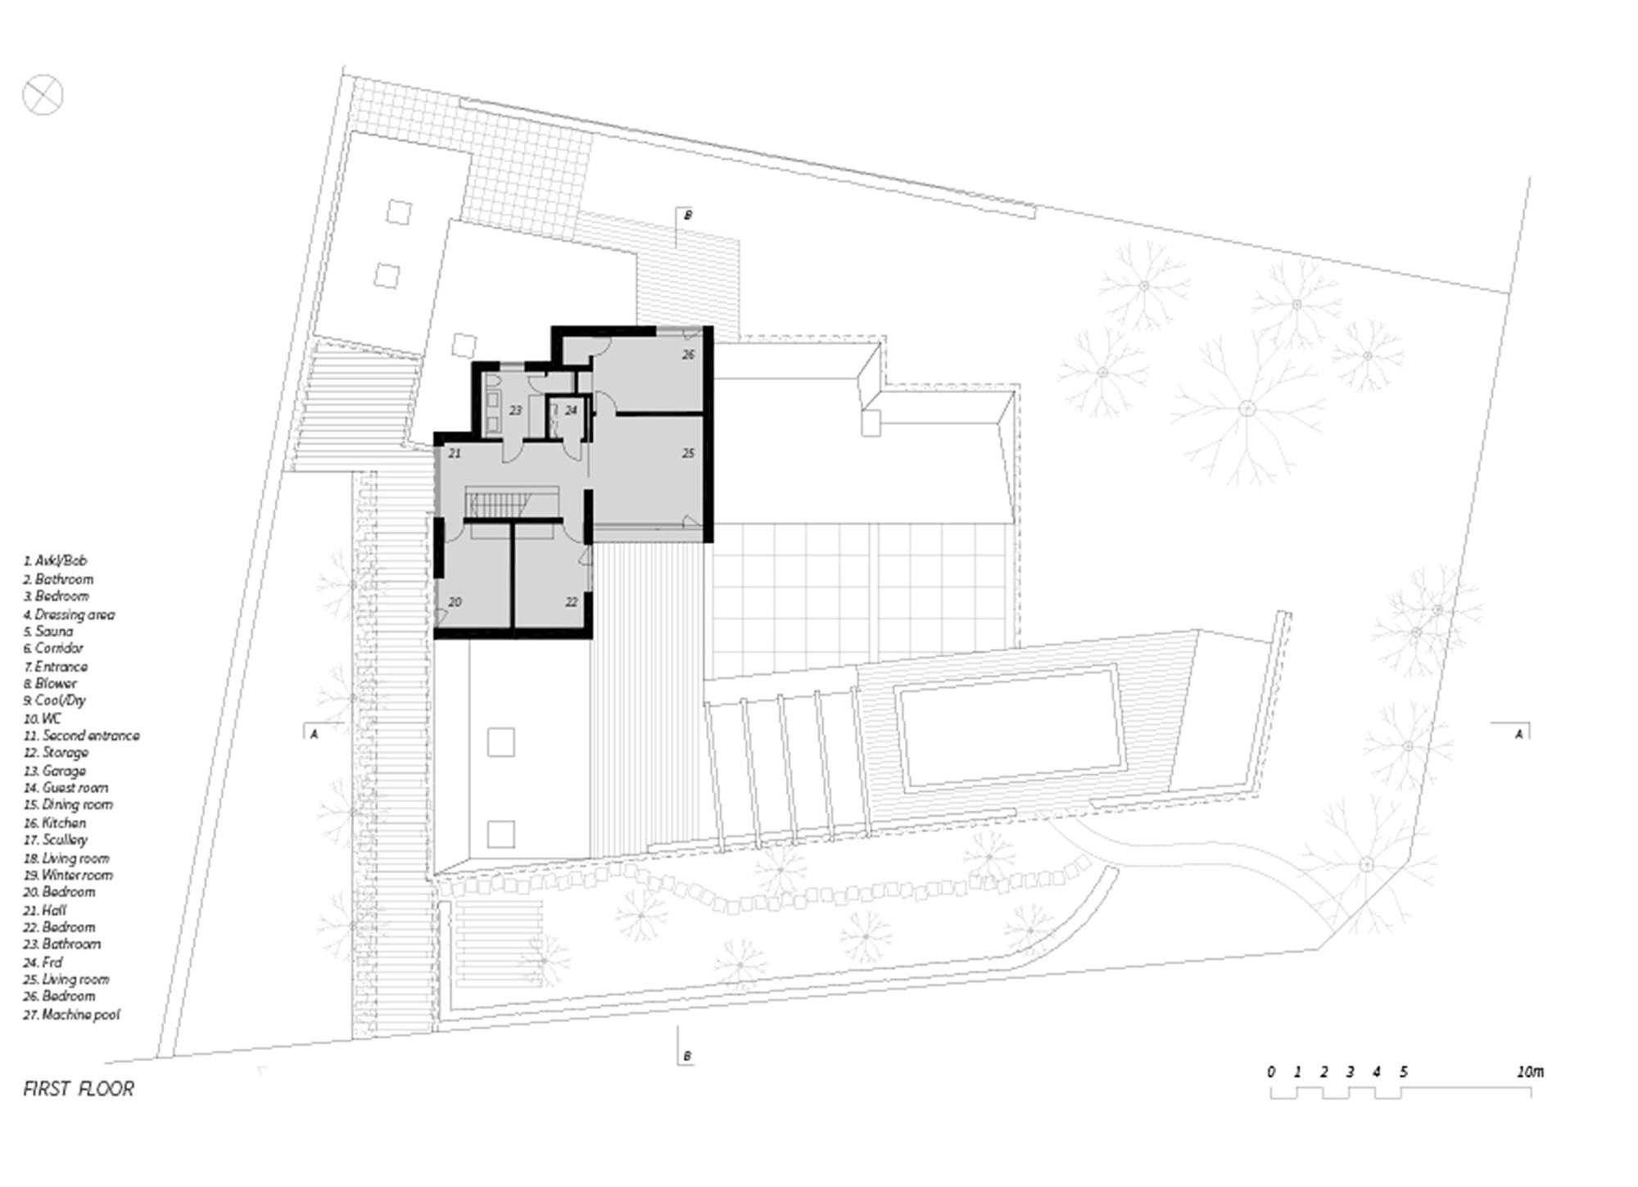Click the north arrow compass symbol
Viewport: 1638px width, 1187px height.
click(43, 94)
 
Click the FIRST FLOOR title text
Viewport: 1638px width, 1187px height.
click(79, 1089)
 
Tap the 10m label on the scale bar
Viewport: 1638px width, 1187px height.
click(1529, 1071)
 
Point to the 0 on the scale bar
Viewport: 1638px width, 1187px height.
click(1270, 1071)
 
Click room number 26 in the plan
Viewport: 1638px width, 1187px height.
click(688, 355)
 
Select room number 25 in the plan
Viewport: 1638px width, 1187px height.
click(688, 453)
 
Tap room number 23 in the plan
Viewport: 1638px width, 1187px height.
click(515, 410)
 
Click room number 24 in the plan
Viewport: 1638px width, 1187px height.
click(571, 410)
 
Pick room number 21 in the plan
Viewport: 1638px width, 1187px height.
click(455, 453)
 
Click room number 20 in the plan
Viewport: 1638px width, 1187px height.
click(455, 602)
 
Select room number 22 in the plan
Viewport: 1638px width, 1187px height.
click(571, 602)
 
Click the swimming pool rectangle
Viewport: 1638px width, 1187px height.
click(1009, 728)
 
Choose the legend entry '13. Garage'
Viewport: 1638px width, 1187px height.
click(55, 771)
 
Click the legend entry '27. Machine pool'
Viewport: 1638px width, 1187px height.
click(71, 1014)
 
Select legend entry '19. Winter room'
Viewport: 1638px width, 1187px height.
click(68, 875)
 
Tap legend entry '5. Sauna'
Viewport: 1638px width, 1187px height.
click(48, 632)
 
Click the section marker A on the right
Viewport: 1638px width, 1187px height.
click(1518, 734)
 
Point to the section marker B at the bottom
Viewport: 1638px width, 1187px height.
click(686, 1056)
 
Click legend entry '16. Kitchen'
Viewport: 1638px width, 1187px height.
click(55, 822)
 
